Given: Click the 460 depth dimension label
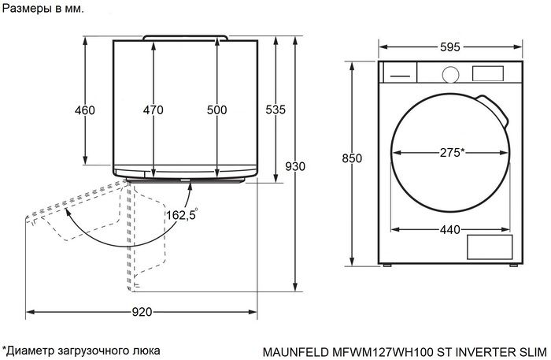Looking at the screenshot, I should (84, 110).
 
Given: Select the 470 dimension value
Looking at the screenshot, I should (153, 110).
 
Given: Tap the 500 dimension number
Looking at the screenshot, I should (216, 110).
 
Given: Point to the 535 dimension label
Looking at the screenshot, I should (275, 110).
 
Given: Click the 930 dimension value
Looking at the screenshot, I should (294, 166).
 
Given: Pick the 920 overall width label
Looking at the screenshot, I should (141, 312).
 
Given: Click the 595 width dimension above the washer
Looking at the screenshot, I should (449, 47).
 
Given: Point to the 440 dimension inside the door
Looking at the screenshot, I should (449, 229).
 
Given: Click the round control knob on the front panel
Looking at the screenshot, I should (450, 74).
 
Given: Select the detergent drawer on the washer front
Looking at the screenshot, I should (400, 73).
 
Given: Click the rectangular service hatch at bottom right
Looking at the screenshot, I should (490, 248).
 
